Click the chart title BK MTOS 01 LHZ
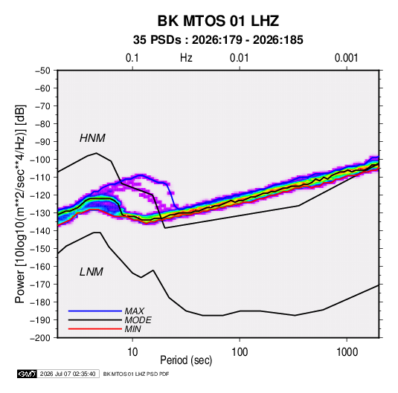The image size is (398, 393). (x=218, y=21)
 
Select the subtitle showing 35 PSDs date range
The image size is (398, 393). (x=218, y=40)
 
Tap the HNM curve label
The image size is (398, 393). (x=92, y=138)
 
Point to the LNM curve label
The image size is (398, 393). (x=92, y=272)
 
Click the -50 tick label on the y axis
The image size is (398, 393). (x=42, y=71)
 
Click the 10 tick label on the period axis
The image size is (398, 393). (x=132, y=352)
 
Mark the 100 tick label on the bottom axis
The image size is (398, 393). (x=240, y=352)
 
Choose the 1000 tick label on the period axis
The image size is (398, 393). (x=347, y=352)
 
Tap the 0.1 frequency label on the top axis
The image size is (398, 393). (x=132, y=58)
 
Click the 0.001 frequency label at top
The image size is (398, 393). (x=346, y=58)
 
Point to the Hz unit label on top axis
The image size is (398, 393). (x=186, y=58)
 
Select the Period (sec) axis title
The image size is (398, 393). (x=186, y=360)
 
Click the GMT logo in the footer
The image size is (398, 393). (x=27, y=374)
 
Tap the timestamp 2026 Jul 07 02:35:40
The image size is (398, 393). (x=68, y=374)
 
